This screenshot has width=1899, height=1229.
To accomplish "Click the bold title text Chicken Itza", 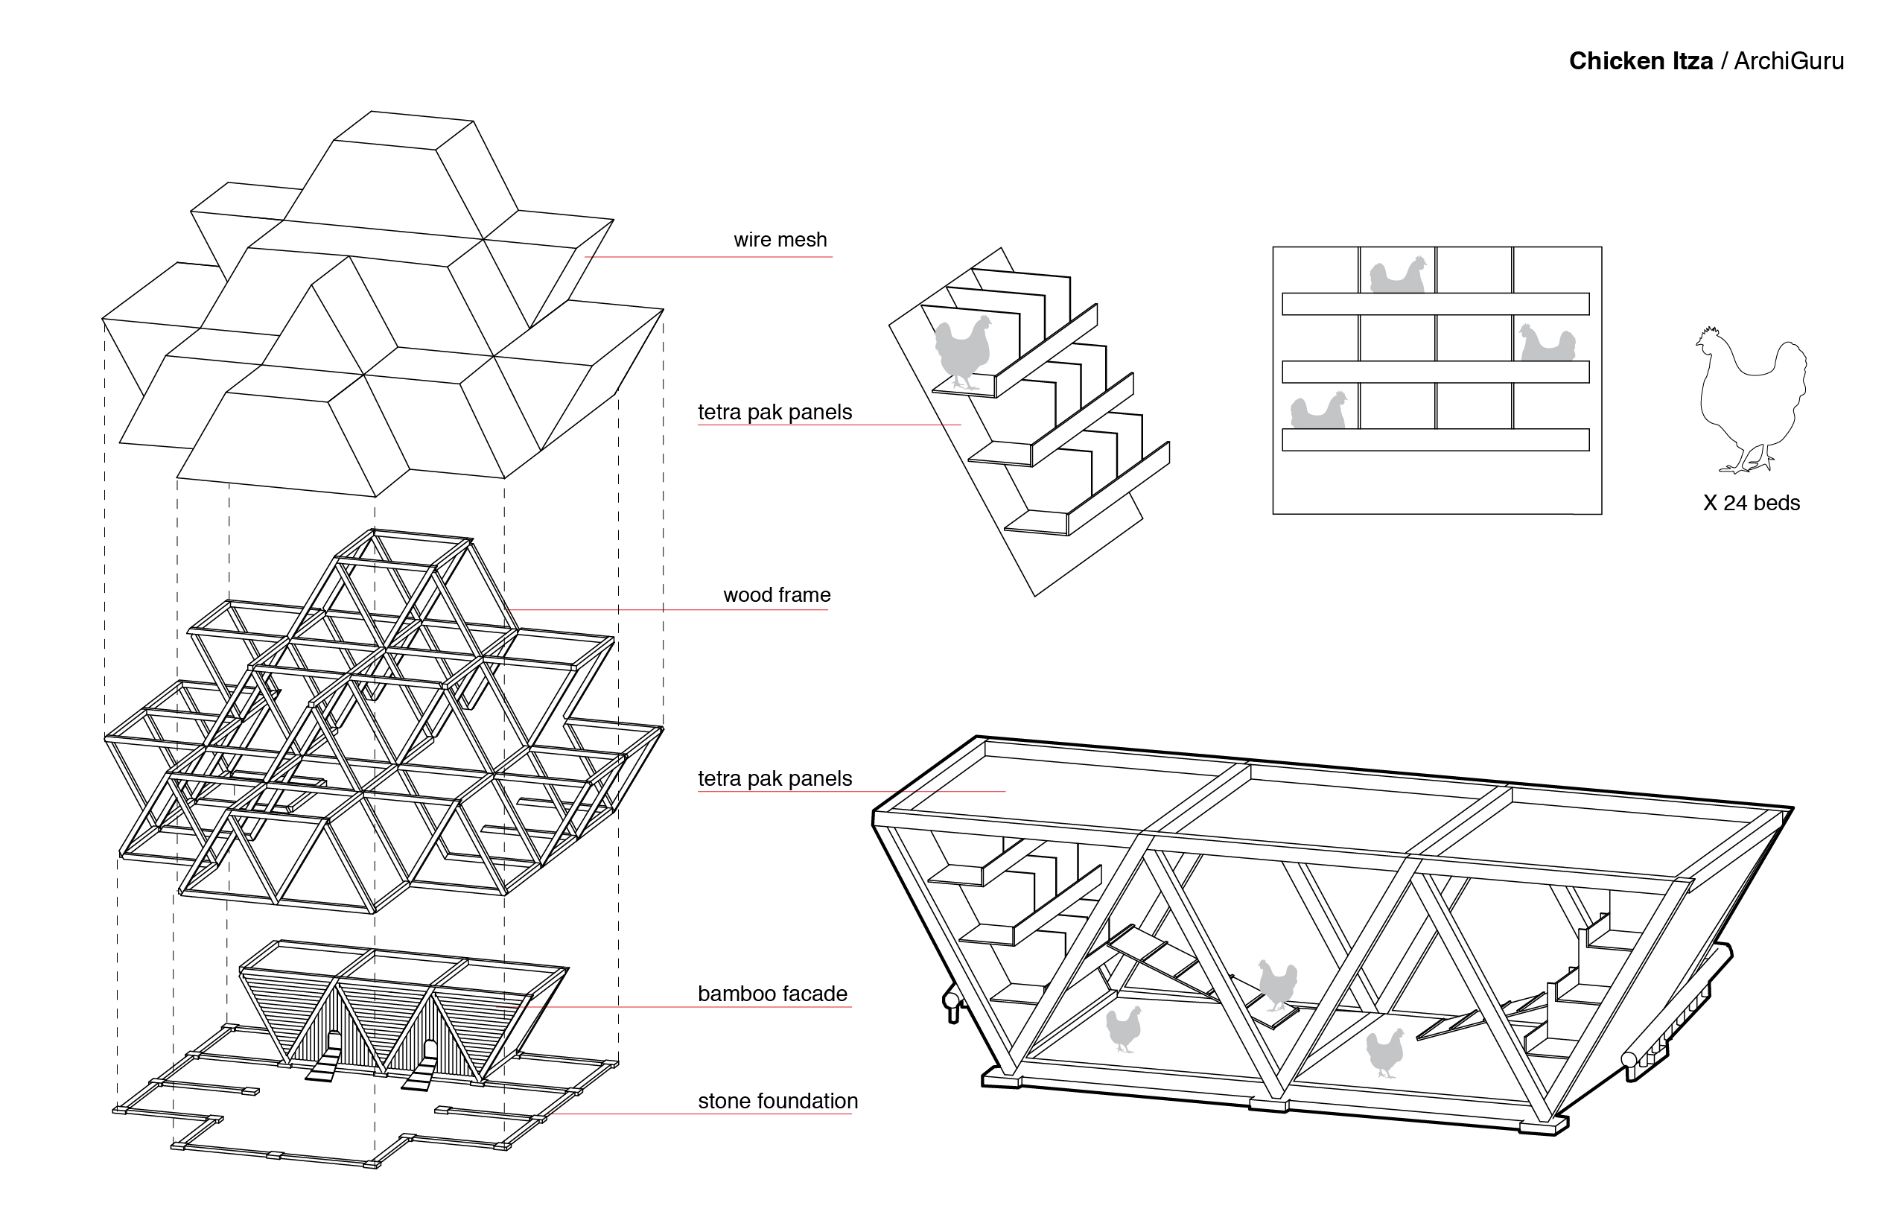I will pos(1641,61).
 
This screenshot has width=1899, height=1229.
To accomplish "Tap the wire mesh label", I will pos(780,239).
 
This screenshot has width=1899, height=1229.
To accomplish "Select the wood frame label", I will pos(776,594).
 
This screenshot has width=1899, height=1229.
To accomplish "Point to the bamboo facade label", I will pos(772,994).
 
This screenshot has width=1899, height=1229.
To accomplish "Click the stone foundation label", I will pos(777,1101).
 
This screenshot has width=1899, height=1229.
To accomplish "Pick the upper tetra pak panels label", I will pos(774,412).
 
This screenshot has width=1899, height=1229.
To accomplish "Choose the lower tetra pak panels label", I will pos(774,778).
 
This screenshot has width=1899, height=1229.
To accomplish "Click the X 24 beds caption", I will pos(1752,503).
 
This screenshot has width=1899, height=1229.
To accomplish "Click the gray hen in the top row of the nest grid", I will pos(1397,276).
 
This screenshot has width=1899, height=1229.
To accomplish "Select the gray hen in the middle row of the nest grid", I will pos(1547,343).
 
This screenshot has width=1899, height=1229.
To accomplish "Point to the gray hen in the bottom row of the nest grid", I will pos(1319,411).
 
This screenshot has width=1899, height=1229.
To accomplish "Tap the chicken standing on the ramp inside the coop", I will pos(1276,984).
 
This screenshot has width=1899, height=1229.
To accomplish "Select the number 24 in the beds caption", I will pos(1734,503).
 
